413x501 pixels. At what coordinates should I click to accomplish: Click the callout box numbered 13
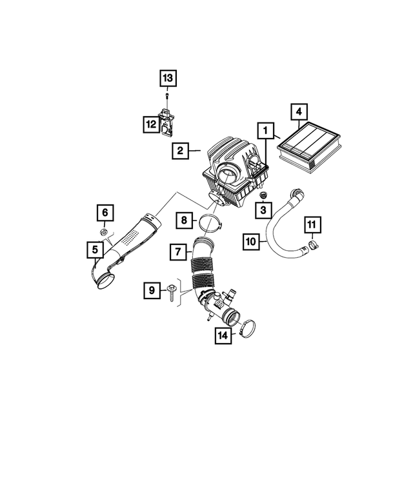click(x=168, y=79)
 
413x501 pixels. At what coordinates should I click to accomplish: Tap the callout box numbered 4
click(x=298, y=113)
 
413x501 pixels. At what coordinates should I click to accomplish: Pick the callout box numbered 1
click(x=263, y=130)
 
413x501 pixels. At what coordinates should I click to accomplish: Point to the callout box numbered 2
click(x=180, y=151)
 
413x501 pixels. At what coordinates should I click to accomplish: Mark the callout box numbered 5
click(x=96, y=247)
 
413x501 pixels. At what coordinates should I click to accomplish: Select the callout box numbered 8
click(x=184, y=221)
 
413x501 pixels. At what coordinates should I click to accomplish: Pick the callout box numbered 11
click(x=312, y=225)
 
